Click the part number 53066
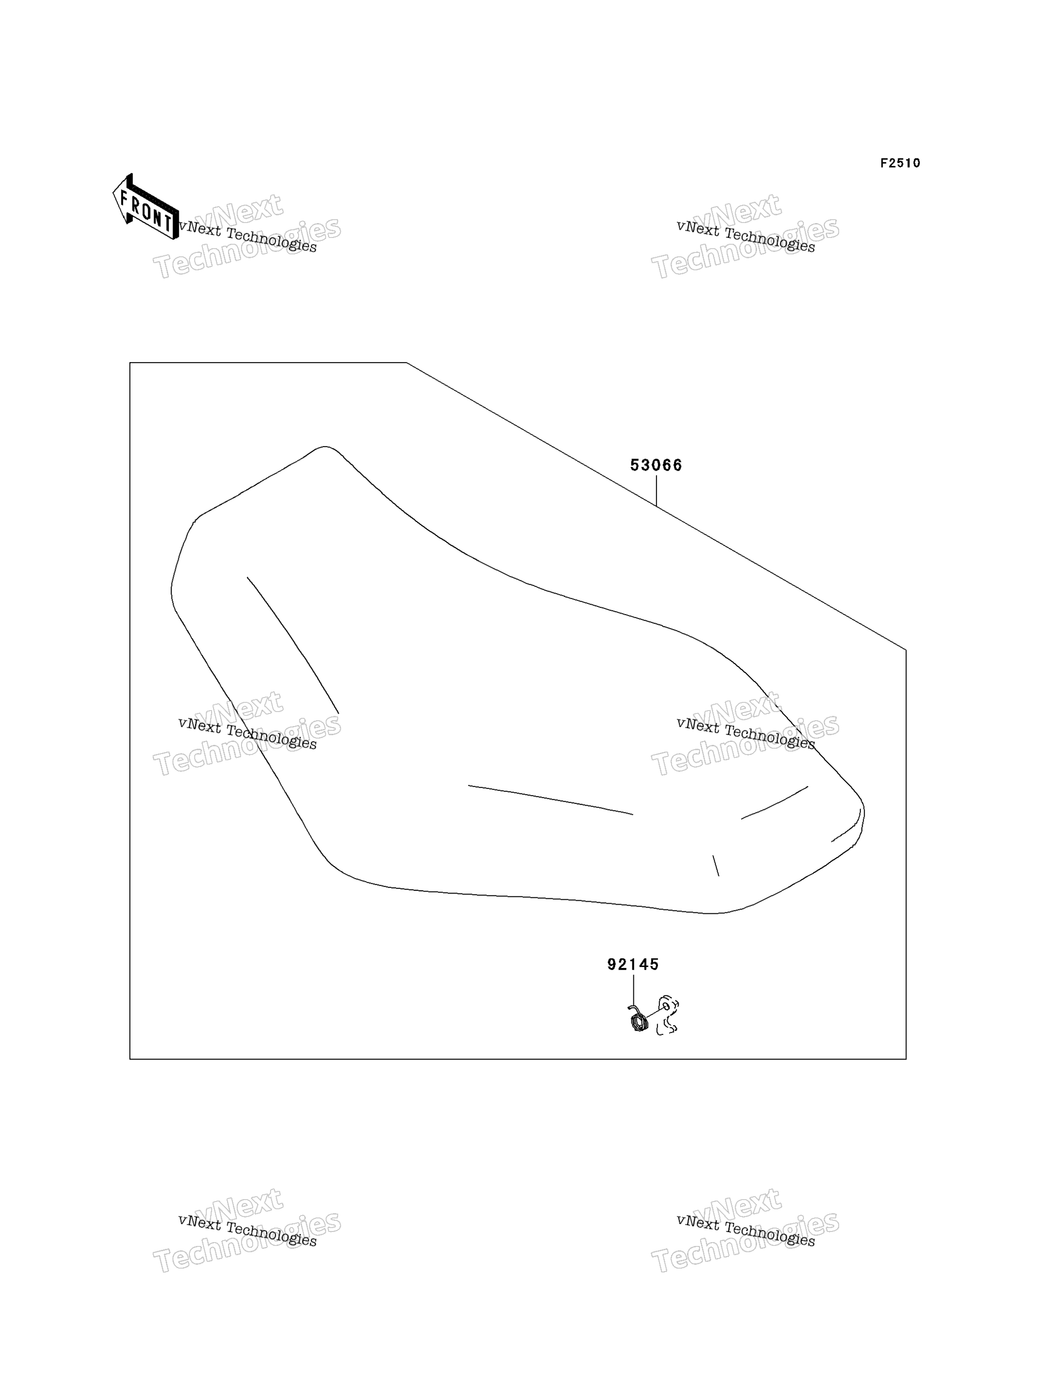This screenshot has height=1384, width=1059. (656, 465)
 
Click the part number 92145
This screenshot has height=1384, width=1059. (633, 965)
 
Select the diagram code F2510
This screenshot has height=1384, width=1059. (900, 163)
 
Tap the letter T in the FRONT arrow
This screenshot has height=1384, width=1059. (168, 222)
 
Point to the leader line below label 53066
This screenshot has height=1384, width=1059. (656, 491)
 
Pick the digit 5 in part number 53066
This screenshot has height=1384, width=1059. (635, 465)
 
